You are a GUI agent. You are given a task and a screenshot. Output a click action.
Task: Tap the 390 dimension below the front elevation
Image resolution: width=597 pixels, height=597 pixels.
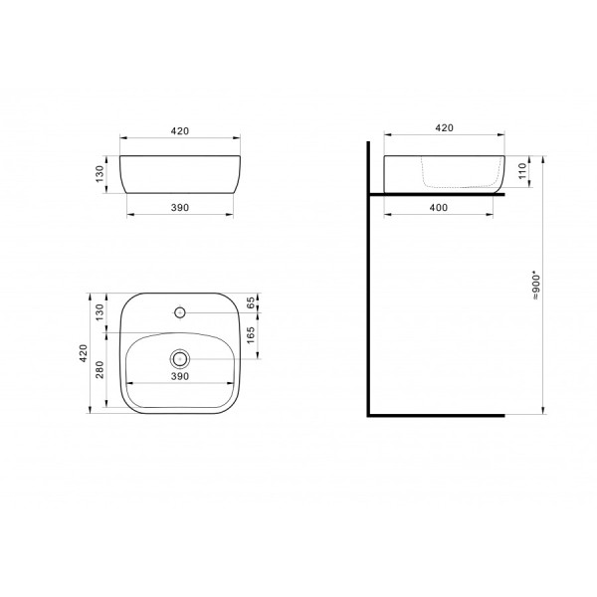[x=180, y=208]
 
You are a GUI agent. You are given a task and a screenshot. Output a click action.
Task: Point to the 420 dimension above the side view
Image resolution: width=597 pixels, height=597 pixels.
[x=444, y=128]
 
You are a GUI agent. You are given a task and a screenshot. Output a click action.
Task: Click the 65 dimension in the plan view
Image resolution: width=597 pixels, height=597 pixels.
[x=251, y=301]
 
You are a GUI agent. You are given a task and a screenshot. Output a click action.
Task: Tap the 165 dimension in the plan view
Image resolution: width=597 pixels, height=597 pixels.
[x=251, y=334]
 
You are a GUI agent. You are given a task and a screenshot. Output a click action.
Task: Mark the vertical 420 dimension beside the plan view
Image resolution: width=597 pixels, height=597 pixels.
[x=85, y=352]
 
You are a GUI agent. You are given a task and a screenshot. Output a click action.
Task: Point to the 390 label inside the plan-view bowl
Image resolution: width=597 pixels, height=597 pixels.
[x=180, y=377]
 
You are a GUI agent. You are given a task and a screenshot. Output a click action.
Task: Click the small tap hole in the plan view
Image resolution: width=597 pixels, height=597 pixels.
[x=180, y=312]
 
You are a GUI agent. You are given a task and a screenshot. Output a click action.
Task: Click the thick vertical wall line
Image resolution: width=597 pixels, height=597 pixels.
[x=367, y=298]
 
